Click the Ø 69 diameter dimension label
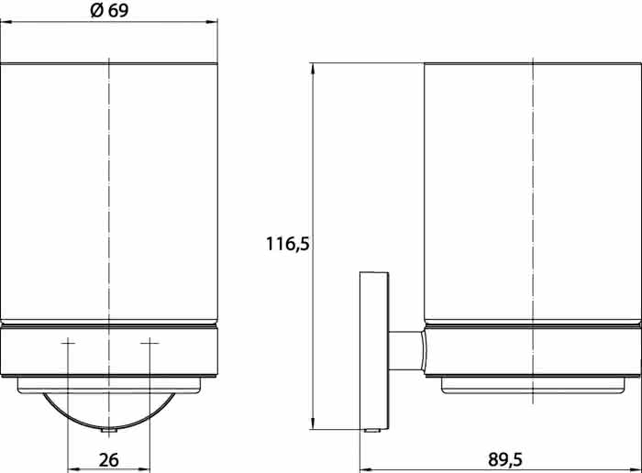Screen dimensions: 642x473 click(x=109, y=10)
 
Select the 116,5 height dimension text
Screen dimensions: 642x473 click(x=288, y=244)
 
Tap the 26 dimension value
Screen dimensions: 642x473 click(x=109, y=460)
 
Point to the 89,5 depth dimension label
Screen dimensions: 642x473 click(x=505, y=459)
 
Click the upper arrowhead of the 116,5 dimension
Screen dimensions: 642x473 click(x=313, y=69)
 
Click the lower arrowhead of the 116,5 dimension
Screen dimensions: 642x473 click(x=313, y=423)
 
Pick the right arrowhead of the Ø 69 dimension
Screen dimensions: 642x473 click(x=212, y=22)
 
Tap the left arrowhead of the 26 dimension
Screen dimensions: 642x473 click(x=73, y=469)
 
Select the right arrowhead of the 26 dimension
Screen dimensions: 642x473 click(x=145, y=469)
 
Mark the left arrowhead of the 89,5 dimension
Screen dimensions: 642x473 click(x=365, y=469)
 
